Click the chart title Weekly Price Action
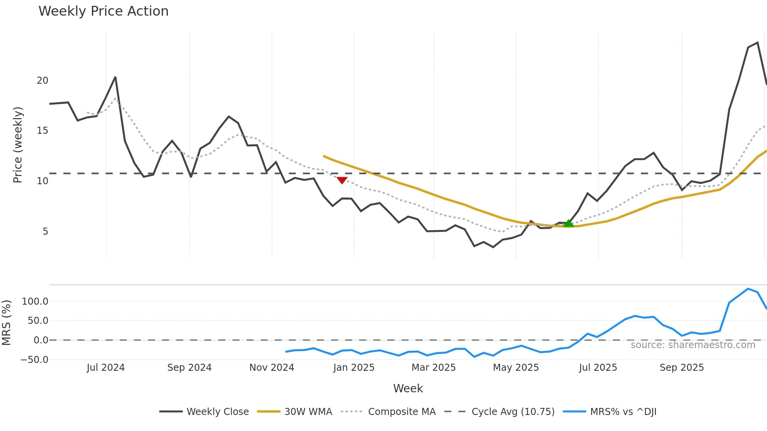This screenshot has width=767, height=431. pyautogui.click(x=103, y=11)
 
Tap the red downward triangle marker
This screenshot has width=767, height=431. pyautogui.click(x=342, y=180)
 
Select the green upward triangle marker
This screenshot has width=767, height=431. pyautogui.click(x=569, y=223)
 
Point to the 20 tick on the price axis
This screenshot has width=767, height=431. pyautogui.click(x=42, y=81)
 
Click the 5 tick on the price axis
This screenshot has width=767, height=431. pyautogui.click(x=45, y=232)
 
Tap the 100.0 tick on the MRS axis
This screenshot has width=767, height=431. pyautogui.click(x=35, y=302)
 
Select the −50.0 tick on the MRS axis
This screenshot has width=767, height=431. pyautogui.click(x=34, y=360)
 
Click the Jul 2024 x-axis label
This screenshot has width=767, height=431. pyautogui.click(x=106, y=368)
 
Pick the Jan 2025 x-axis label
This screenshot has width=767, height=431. pyautogui.click(x=354, y=368)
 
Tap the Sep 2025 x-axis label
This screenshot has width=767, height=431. pyautogui.click(x=682, y=368)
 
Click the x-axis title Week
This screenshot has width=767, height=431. pyautogui.click(x=408, y=388)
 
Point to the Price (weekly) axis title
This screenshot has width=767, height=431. pyautogui.click(x=18, y=145)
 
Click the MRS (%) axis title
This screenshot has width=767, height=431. pyautogui.click(x=6, y=323)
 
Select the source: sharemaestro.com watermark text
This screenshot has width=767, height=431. pyautogui.click(x=693, y=345)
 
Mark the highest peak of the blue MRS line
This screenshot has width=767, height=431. pyautogui.click(x=748, y=289)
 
